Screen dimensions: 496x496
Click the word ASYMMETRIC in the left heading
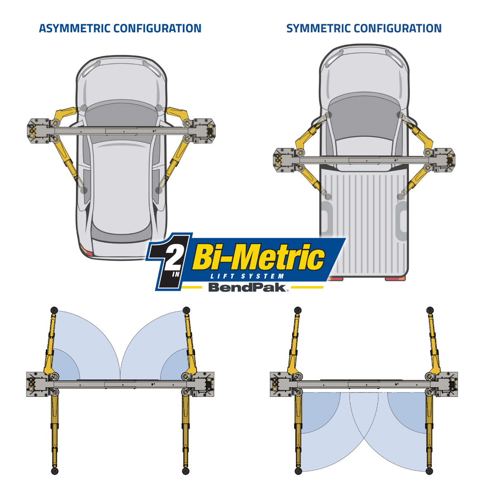[75, 29]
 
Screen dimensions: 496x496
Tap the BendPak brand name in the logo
[247, 287]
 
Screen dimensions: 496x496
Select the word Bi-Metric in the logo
[259, 258]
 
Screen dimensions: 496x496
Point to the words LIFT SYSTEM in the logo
[247, 276]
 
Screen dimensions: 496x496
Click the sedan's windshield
[121, 113]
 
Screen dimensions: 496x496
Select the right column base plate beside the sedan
[205, 131]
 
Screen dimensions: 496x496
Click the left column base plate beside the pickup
[285, 160]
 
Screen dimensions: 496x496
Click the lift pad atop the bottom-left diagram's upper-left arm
[54, 310]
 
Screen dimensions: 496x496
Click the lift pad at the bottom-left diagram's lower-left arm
[55, 471]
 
